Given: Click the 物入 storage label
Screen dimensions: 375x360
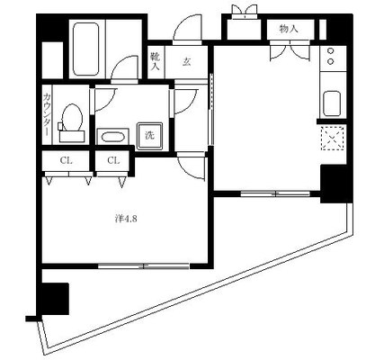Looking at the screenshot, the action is pos(289,29).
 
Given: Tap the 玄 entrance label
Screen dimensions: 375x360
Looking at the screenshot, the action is pos(186,61).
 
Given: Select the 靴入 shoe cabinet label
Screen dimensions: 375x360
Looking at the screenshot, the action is pos(155,61).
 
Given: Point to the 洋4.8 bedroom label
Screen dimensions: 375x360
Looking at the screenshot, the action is pos(126,219).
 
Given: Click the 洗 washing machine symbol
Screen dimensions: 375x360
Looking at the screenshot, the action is pos(150,136).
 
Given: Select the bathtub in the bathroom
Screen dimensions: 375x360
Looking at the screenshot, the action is pos(86,49).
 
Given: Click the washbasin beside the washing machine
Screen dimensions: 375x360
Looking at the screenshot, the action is pos(112,137).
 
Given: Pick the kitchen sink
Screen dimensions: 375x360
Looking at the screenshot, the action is pos(332,103).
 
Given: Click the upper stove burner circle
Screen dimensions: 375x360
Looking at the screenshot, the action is pos(331,51).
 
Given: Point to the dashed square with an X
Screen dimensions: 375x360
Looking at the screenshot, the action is pos(332,138).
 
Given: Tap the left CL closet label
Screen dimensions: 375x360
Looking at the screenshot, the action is pos(66,161).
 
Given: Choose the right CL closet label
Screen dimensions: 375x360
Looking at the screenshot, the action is pos(113,161).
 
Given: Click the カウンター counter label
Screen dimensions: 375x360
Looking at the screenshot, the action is pos(47,114).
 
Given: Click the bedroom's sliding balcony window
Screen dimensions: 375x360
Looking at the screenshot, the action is pos(144,265).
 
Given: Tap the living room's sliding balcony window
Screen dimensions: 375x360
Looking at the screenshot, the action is pos(275,193).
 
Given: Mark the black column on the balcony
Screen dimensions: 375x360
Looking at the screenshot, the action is pos(54,298).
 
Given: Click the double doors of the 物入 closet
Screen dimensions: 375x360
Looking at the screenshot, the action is pos(290,50).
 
